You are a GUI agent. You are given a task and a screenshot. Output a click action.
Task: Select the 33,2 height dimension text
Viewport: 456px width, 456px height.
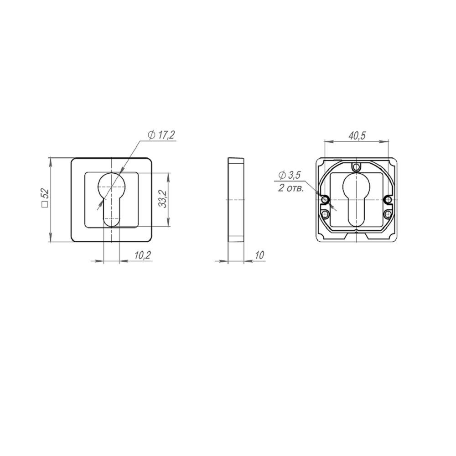pos(161,199)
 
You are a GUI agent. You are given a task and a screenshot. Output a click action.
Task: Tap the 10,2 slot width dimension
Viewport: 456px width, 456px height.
pos(143,255)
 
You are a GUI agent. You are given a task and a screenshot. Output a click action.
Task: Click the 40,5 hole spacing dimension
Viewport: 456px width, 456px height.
pos(357,135)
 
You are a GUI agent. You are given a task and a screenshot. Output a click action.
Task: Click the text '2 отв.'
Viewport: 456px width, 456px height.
pos(291,188)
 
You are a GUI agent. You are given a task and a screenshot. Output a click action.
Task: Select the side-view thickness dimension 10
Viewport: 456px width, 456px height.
pos(259,255)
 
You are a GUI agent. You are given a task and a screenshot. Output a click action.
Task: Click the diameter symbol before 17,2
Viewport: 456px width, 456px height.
pos(151,135)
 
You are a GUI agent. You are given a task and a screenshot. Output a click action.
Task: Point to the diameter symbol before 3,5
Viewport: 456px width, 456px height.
pos(282,175)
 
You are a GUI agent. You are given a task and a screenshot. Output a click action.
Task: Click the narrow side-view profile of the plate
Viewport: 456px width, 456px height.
pos(235,200)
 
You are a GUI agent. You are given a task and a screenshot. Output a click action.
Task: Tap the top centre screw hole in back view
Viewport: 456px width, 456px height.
pos(357,166)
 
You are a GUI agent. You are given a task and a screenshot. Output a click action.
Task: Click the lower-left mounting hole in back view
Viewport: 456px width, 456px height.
pos(325,214)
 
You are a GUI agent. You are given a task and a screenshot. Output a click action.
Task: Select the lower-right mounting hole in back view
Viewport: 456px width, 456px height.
pos(388,214)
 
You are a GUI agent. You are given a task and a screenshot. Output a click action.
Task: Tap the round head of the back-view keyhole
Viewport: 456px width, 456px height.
pos(357,186)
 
